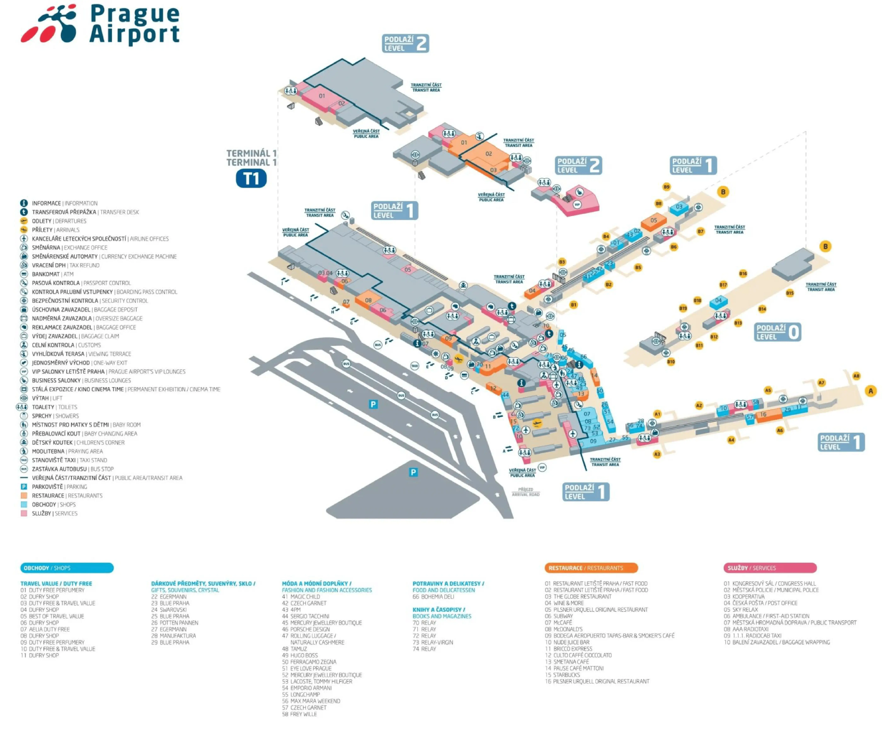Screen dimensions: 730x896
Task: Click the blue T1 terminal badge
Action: pyautogui.click(x=251, y=178)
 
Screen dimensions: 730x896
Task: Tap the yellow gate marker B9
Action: pyautogui.click(x=666, y=187)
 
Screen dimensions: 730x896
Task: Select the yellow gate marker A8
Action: pyautogui.click(x=856, y=376)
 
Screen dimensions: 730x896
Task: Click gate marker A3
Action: pyautogui.click(x=657, y=454)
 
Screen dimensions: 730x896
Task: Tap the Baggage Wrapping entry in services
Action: pyautogui.click(x=777, y=642)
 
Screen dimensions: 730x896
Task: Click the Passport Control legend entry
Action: pyautogui.click(x=81, y=283)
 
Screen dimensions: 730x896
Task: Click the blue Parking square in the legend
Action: pyautogui.click(x=24, y=487)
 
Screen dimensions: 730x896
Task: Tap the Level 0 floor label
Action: pyautogui.click(x=778, y=332)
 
